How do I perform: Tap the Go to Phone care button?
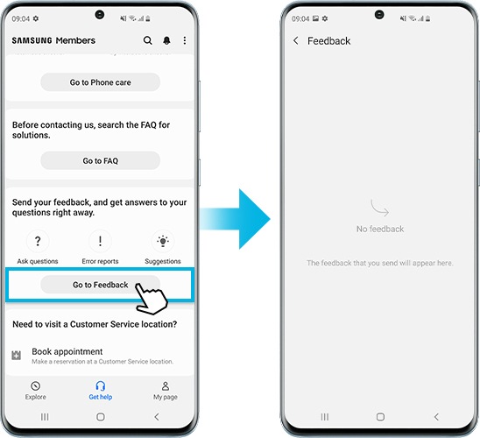pyautogui.click(x=100, y=82)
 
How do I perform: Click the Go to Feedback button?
pyautogui.click(x=100, y=285)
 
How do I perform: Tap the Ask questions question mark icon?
pyautogui.click(x=38, y=241)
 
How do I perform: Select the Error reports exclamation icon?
pyautogui.click(x=100, y=241)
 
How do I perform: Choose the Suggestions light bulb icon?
pyautogui.click(x=162, y=241)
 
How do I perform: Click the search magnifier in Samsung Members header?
pyautogui.click(x=147, y=41)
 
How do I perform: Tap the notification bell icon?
pyautogui.click(x=166, y=41)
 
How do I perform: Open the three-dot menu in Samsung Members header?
pyautogui.click(x=185, y=41)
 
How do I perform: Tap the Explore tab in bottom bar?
pyautogui.click(x=35, y=391)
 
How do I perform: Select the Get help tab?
pyautogui.click(x=100, y=391)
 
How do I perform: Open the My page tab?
pyautogui.click(x=165, y=391)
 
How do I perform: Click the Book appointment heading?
pyautogui.click(x=67, y=351)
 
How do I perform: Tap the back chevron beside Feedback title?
pyautogui.click(x=296, y=41)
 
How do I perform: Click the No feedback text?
pyautogui.click(x=380, y=229)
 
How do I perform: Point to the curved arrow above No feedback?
pyautogui.click(x=380, y=209)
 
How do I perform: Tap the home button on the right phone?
pyautogui.click(x=380, y=417)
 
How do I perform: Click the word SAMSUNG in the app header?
pyautogui.click(x=32, y=41)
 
